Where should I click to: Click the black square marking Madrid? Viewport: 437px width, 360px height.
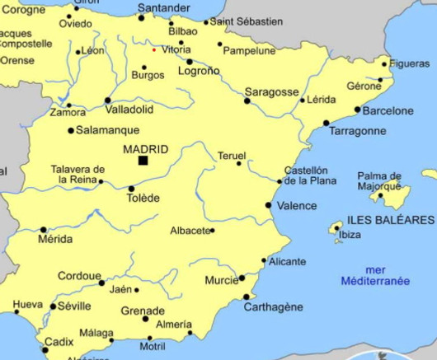tap(143, 161)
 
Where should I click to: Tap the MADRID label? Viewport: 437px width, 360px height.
tap(145, 149)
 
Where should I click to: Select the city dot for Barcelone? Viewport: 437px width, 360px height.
tap(357, 110)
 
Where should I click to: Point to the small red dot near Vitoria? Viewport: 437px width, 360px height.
tap(153, 49)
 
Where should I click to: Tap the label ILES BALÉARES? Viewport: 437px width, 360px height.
tap(390, 220)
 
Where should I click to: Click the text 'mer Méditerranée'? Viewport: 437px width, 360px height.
tap(375, 275)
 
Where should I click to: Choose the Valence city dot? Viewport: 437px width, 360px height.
tap(268, 205)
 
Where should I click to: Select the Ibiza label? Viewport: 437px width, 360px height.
tap(350, 235)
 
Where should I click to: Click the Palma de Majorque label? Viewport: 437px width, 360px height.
tap(379, 180)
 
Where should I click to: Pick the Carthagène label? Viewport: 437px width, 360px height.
tap(273, 307)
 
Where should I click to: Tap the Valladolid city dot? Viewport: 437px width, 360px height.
tap(107, 101)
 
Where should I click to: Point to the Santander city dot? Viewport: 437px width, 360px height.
tap(141, 17)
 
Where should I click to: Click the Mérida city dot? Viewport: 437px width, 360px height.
tap(44, 230)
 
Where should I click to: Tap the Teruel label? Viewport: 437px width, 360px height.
tap(232, 156)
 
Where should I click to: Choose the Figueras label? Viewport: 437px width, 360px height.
tap(410, 63)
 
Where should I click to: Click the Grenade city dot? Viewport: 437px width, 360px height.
tap(146, 319)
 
